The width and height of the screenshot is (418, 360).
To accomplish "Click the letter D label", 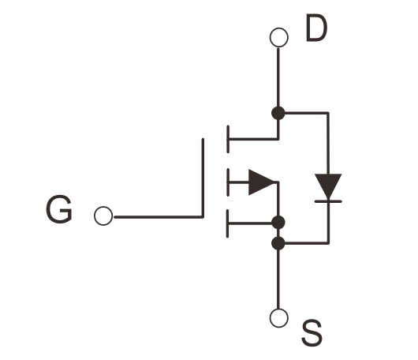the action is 317,28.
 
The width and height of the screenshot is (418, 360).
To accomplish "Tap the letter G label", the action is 59,209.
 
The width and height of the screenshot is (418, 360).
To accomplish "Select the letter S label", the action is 312,333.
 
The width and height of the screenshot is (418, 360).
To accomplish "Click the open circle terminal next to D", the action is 279,37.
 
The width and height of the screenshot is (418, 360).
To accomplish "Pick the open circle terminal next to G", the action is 103,216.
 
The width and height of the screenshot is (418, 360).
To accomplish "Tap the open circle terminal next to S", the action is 279,318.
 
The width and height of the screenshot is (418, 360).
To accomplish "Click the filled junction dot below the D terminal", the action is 278,113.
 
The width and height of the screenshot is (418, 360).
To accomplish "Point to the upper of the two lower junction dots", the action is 278,223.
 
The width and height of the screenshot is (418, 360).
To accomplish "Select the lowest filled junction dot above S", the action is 278,243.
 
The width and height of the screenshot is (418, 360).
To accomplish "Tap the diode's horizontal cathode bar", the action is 328,201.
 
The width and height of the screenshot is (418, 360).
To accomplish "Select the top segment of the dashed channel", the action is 228,139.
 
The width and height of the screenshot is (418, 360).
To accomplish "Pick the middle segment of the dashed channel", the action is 228,182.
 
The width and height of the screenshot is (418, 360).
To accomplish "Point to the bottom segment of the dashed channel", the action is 227,223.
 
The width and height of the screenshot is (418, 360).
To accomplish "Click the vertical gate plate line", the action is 203,178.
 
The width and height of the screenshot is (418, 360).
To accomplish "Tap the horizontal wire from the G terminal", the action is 159,217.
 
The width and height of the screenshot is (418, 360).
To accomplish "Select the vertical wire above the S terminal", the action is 278,279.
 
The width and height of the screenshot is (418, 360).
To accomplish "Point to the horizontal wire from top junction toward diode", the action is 307,113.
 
